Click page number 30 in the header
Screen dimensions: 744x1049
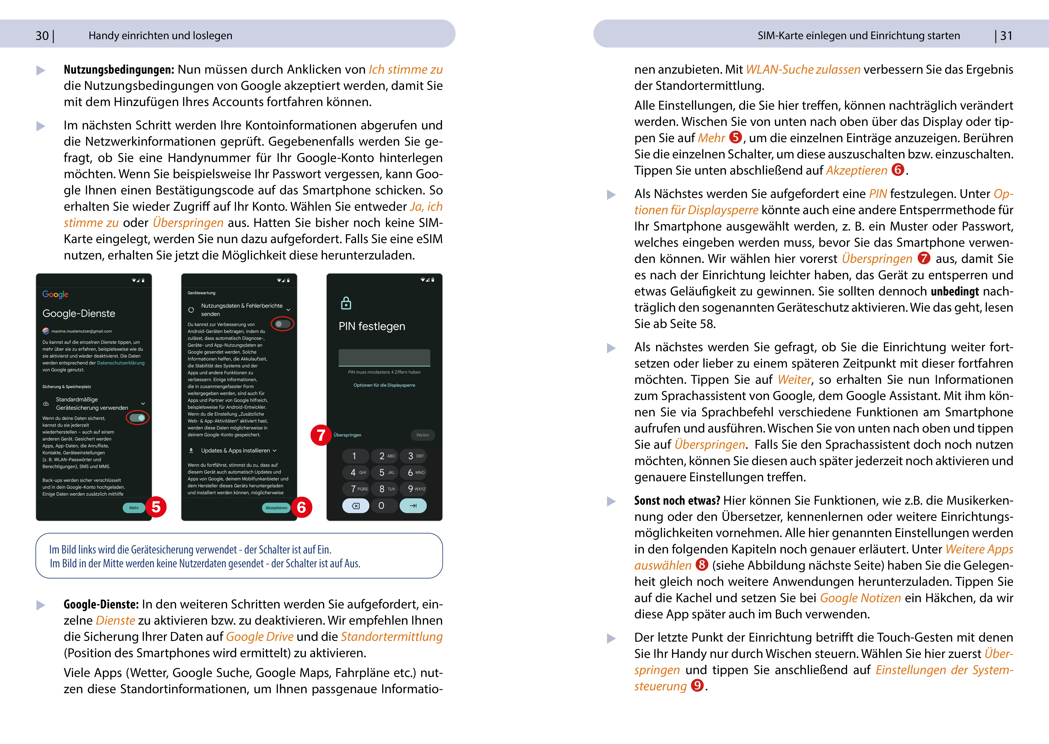(x=42, y=36)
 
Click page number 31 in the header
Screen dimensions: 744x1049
(x=1006, y=36)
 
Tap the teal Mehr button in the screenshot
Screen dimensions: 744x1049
(x=134, y=508)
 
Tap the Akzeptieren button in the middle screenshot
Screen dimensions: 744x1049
(x=276, y=508)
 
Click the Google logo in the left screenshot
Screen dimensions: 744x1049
(x=56, y=294)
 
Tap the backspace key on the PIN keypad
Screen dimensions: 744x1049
(x=356, y=506)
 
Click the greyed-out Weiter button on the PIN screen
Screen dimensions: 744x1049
(x=422, y=435)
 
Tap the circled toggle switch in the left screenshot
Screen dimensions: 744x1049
(x=137, y=417)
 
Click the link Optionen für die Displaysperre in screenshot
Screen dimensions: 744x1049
(x=384, y=385)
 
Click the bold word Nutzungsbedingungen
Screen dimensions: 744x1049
(x=119, y=70)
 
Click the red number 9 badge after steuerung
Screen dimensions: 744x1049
(x=697, y=685)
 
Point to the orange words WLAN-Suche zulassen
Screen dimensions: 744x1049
(x=803, y=70)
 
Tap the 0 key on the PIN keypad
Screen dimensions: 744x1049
(x=381, y=506)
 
